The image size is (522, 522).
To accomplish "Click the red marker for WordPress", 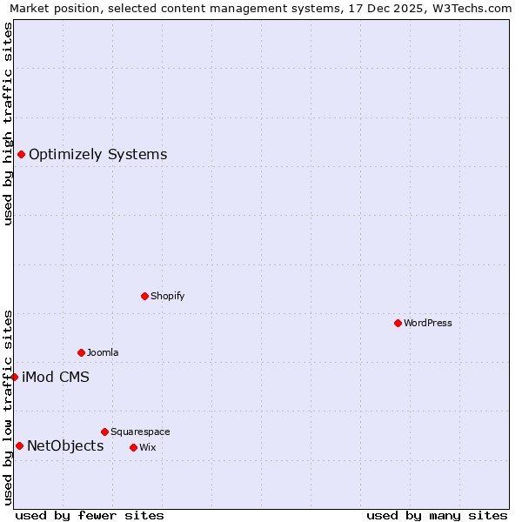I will [x=398, y=323].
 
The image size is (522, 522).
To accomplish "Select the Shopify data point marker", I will [x=144, y=296].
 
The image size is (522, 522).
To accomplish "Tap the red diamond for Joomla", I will [x=81, y=352].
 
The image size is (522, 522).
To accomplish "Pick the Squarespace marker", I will [x=104, y=432].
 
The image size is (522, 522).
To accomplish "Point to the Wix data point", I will [x=133, y=447].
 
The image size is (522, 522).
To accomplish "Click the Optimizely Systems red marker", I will [x=21, y=155].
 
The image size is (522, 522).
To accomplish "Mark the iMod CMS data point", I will [x=14, y=377].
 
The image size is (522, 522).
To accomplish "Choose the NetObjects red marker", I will [x=19, y=446].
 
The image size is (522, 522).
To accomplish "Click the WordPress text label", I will [x=428, y=323].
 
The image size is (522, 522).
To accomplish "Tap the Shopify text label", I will [x=168, y=296].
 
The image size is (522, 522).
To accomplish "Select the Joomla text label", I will [x=103, y=352].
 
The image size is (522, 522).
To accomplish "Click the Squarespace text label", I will [x=140, y=432].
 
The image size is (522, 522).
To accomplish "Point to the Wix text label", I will [x=148, y=447].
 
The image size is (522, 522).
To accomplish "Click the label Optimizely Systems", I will [x=97, y=155].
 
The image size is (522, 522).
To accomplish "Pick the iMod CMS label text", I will [x=55, y=378].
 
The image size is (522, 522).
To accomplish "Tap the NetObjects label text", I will [x=65, y=446].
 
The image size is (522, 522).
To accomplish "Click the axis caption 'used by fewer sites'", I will [x=90, y=515].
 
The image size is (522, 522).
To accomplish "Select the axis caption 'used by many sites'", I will [x=437, y=515].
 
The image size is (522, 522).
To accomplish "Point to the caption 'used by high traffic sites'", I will [x=9, y=124].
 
